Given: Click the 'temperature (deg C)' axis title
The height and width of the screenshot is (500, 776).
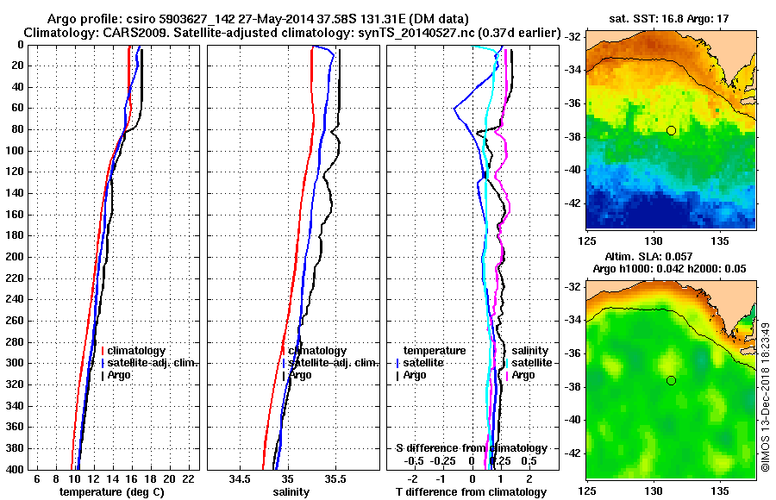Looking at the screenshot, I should click(x=111, y=492).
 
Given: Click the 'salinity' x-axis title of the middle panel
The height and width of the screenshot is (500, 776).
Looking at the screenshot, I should click(x=291, y=492).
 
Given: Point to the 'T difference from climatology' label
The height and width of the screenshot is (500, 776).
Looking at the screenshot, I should click(x=471, y=492).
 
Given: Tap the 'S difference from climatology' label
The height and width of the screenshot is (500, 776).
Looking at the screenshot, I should click(x=471, y=448).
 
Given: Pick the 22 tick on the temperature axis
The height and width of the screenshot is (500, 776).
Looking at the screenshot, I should click(x=187, y=478).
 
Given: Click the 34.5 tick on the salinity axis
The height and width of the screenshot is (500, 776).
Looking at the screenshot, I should click(x=241, y=478).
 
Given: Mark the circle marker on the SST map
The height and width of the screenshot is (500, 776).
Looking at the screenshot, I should click(x=671, y=130).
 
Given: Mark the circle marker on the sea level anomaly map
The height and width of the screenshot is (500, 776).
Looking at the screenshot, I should click(x=671, y=380).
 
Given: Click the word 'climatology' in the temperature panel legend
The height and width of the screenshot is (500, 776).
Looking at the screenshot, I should click(x=138, y=351).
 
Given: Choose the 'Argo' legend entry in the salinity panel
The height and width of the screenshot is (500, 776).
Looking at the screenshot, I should click(x=299, y=375).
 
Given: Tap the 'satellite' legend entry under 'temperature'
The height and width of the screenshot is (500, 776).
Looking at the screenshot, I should click(x=423, y=363).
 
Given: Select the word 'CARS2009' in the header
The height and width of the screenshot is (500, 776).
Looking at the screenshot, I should click(x=125, y=33).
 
